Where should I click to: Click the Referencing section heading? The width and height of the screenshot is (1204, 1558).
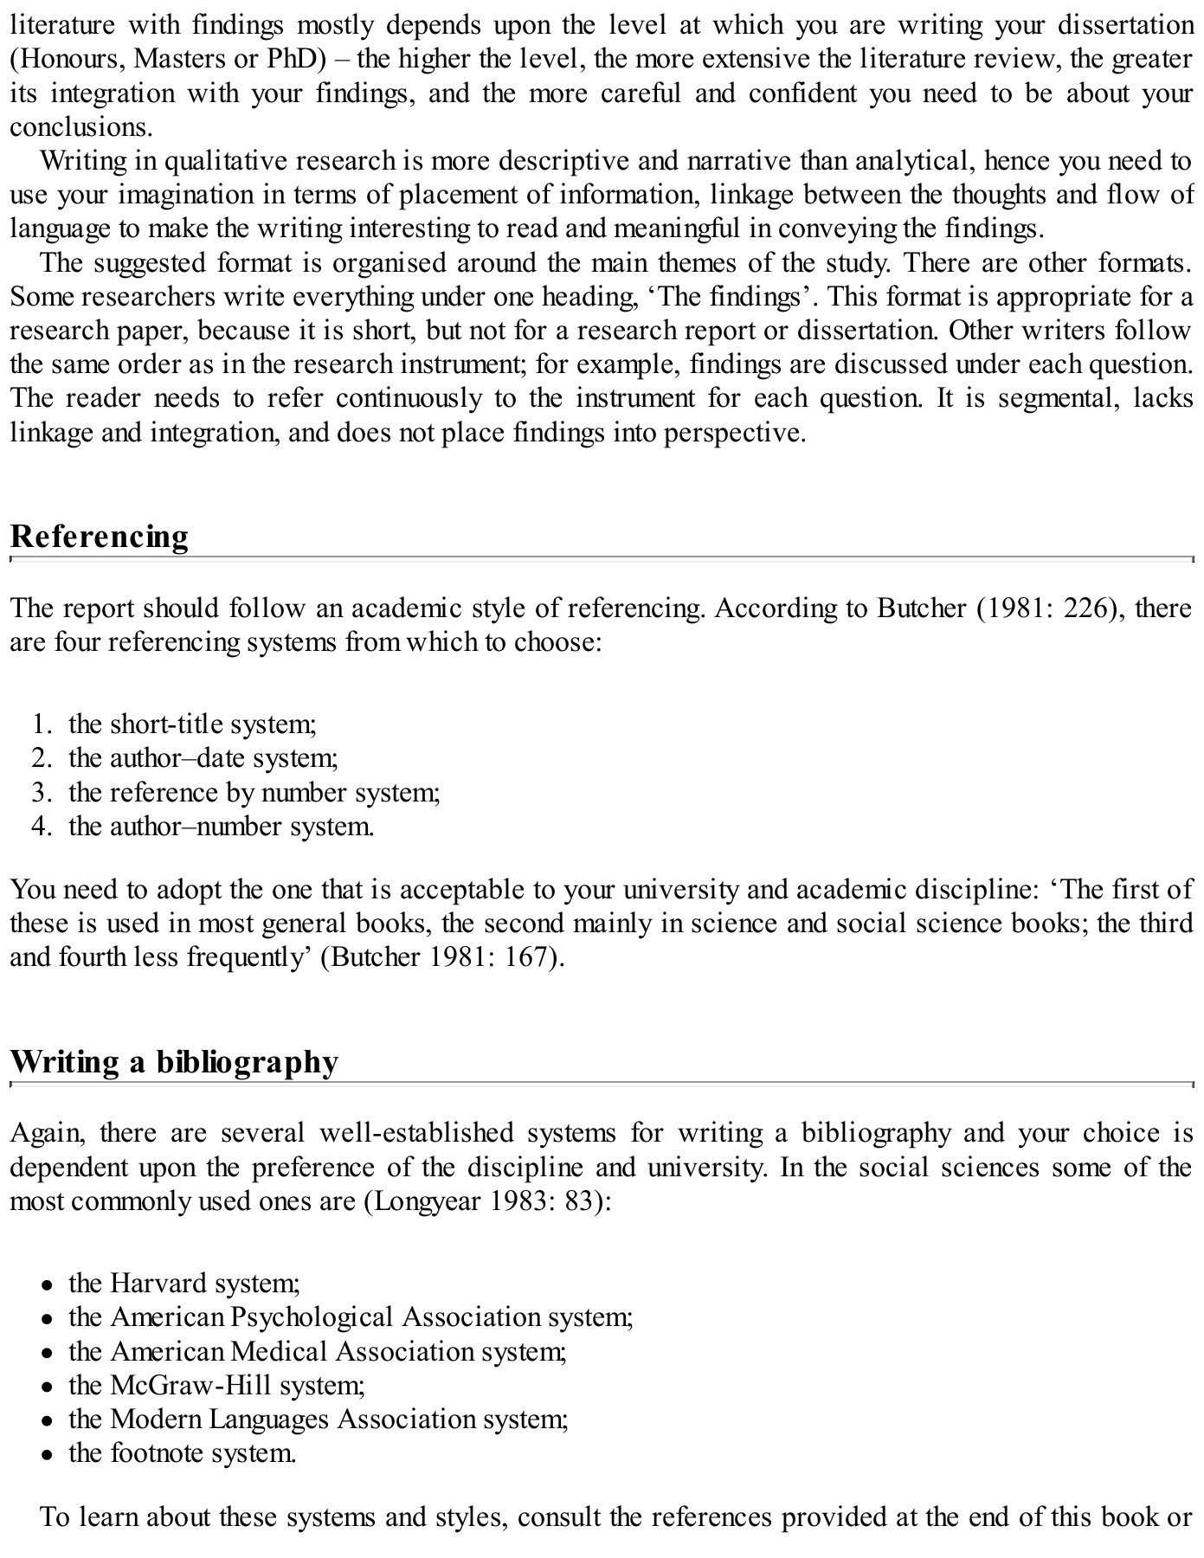pos(99,537)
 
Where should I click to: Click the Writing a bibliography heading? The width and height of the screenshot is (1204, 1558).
pos(173,1062)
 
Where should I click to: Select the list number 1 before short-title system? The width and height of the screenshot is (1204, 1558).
pos(41,724)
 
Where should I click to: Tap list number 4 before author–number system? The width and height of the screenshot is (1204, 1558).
pos(41,827)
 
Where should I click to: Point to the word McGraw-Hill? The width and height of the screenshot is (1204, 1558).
pos(190,1385)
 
